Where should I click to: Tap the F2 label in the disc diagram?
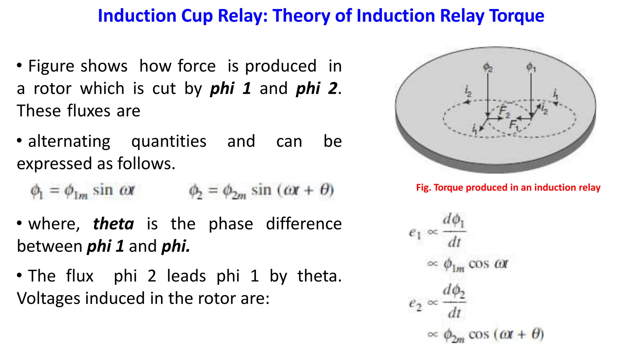tap(504, 111)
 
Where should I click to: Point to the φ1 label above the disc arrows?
tap(531, 67)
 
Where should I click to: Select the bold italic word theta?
tap(113, 224)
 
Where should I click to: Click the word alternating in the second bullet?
tap(69, 141)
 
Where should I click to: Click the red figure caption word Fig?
tap(423, 187)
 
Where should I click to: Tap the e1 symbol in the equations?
tap(415, 233)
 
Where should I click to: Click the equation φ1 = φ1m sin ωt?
tap(82, 191)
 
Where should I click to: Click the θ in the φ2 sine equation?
tap(324, 190)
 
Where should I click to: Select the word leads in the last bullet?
tap(186, 276)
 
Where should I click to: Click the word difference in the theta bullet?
tap(304, 224)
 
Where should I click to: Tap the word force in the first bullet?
tap(197, 66)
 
